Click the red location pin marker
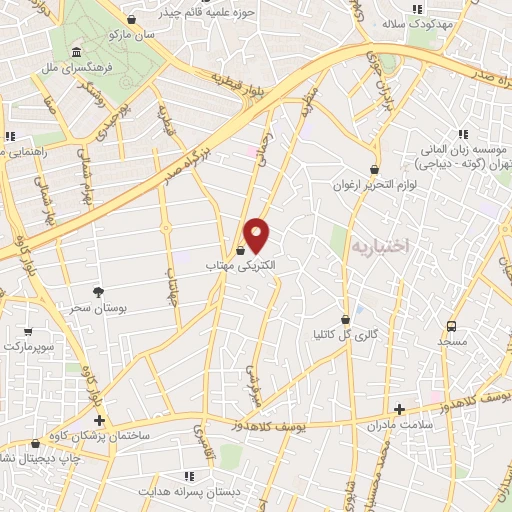tap(257, 235)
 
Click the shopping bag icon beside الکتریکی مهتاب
tap(241, 247)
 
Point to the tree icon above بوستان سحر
tap(98, 291)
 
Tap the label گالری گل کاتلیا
tap(345, 334)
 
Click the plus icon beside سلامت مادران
tap(399, 408)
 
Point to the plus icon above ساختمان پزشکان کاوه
tap(99, 420)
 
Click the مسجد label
tap(451, 343)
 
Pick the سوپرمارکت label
tap(29, 345)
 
